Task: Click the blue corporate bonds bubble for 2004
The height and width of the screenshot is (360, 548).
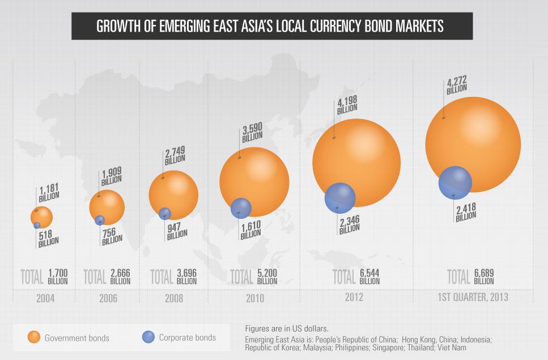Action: pos(37,225)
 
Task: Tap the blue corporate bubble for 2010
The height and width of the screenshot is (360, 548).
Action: pos(241,208)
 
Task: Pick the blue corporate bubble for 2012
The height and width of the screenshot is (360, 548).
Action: pos(339,197)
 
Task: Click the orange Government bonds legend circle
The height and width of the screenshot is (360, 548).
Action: pos(35,337)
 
